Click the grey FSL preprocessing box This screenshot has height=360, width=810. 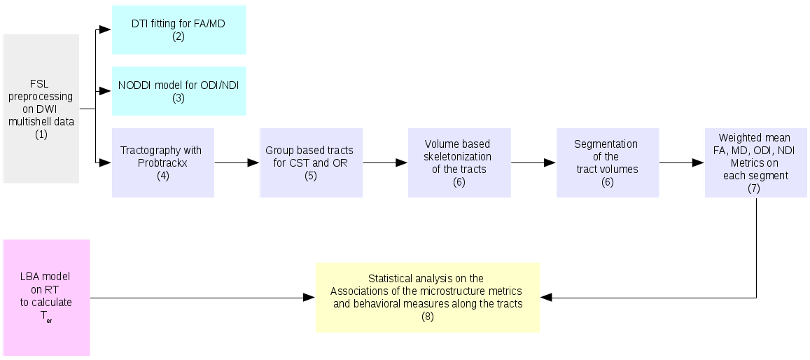41,109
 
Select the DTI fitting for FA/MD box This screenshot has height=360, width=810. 179,29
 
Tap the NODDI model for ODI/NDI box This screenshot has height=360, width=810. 179,91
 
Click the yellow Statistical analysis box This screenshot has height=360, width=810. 427,298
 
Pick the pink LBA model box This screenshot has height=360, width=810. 47,298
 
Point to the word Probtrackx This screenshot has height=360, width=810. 163,162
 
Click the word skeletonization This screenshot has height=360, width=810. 457,156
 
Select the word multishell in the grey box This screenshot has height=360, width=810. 41,121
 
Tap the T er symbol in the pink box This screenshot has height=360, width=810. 46,315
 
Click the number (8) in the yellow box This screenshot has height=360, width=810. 427,317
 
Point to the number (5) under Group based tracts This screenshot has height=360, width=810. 311,175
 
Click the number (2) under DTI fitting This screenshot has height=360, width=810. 179,36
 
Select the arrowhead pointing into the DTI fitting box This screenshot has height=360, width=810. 106,29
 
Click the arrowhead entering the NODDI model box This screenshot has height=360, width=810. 106,91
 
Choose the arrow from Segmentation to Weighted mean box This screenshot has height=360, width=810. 683,162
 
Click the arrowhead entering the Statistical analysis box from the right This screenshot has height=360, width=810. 547,298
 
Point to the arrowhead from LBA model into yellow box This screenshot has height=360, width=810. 309,298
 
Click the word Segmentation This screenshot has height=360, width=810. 606,144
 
